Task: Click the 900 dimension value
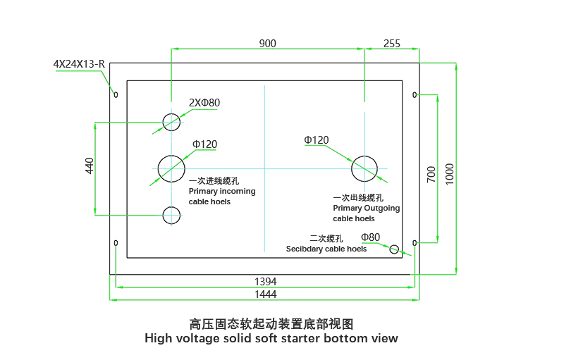267,44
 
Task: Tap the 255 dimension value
391,44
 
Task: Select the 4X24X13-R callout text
79,64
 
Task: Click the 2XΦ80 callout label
204,103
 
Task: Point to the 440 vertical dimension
90,166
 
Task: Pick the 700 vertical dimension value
431,175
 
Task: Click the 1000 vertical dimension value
450,173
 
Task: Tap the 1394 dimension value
265,280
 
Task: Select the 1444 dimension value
265,294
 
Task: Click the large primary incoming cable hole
171,168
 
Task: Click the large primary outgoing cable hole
364,168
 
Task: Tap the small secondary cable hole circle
394,249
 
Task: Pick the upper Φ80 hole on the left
171,122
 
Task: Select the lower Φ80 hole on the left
171,215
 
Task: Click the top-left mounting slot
116,94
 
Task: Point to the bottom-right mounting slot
415,243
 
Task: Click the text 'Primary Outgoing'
366,209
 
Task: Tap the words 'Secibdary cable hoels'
326,249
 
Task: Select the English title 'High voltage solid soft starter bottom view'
271,338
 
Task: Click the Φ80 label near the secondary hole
370,237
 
